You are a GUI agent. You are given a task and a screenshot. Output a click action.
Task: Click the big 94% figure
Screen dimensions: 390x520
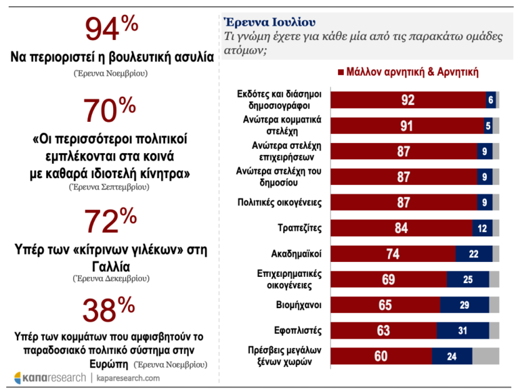(x=111, y=31)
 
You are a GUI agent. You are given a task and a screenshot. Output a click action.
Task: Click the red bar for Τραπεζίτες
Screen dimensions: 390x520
(x=401, y=228)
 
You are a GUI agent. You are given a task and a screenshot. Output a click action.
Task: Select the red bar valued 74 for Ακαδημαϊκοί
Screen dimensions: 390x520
(x=393, y=254)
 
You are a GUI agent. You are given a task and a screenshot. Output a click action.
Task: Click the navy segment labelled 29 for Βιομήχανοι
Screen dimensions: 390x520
(x=464, y=305)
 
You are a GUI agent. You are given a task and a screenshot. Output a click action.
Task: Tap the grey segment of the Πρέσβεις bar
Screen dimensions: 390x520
(x=485, y=355)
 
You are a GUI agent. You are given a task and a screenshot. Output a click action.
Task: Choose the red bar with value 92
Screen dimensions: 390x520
(x=408, y=100)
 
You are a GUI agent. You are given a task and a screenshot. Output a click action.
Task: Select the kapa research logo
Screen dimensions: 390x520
(x=50, y=377)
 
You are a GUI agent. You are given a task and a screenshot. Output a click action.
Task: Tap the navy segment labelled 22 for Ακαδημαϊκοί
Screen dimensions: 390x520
(x=473, y=254)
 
